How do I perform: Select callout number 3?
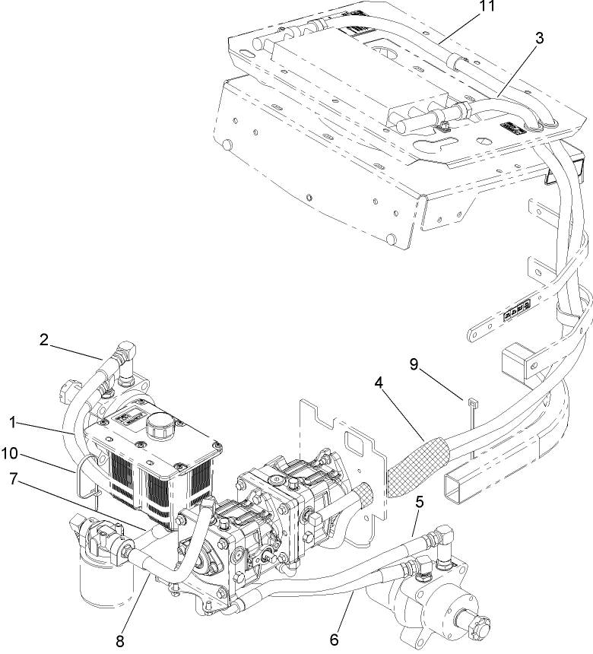[538, 38]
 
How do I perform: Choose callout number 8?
[120, 640]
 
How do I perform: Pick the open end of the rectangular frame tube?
[466, 487]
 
